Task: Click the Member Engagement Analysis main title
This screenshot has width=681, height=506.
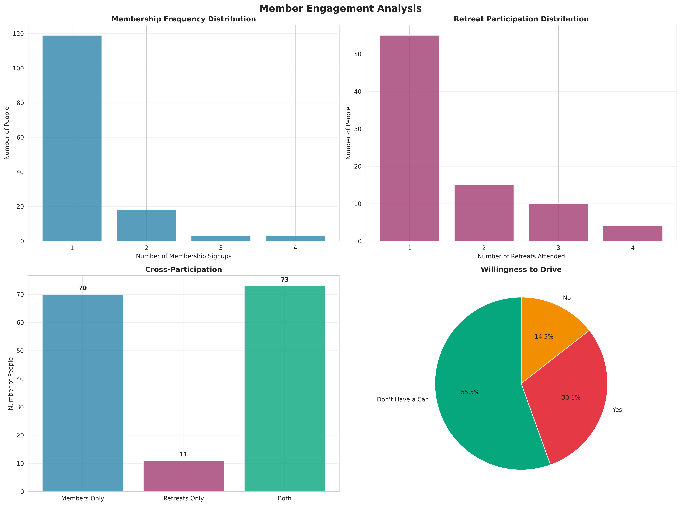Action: click(x=340, y=9)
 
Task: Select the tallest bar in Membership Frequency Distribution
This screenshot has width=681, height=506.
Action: click(x=72, y=138)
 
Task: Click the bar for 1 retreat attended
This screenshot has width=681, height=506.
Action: click(x=409, y=138)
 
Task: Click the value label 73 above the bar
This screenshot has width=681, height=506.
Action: click(x=285, y=280)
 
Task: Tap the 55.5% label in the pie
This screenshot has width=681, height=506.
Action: click(x=470, y=392)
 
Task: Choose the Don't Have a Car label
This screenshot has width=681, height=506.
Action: click(x=402, y=399)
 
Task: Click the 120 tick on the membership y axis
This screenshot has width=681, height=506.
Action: click(x=18, y=34)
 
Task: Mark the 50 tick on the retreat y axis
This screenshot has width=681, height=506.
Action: click(x=358, y=54)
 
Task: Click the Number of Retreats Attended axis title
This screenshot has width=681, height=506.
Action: click(x=521, y=256)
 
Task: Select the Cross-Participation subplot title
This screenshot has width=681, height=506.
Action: click(x=183, y=269)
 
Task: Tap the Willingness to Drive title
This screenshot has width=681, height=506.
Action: click(x=521, y=269)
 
